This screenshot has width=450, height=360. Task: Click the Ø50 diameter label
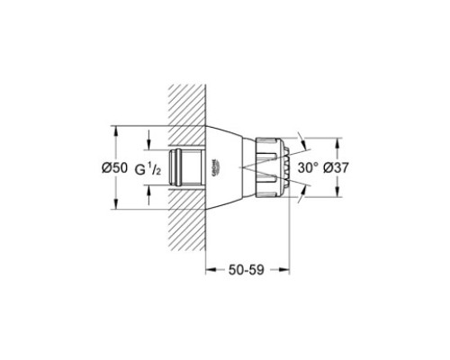pyautogui.click(x=114, y=167)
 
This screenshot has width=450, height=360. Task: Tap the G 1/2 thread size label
pyautogui.click(x=148, y=169)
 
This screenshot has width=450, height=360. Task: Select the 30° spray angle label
pyautogui.click(x=308, y=167)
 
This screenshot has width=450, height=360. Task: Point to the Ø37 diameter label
pyautogui.click(x=336, y=167)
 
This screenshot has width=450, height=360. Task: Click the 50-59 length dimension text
pyautogui.click(x=247, y=270)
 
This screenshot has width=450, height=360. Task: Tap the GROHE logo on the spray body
pyautogui.click(x=216, y=167)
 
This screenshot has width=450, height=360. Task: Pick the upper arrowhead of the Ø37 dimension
pyautogui.click(x=337, y=143)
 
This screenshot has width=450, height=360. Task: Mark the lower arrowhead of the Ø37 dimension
pyautogui.click(x=337, y=192)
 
